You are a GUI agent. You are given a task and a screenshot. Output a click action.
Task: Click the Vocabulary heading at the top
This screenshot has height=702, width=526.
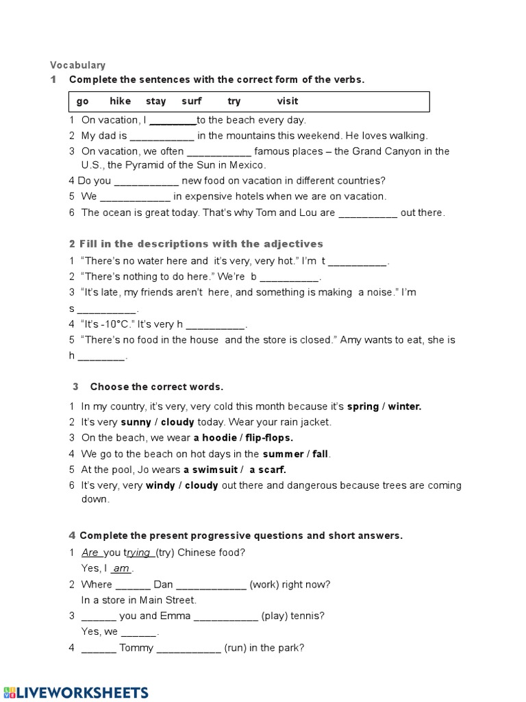(x=77, y=65)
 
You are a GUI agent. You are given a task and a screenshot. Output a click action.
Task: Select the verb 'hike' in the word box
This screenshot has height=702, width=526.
(x=120, y=101)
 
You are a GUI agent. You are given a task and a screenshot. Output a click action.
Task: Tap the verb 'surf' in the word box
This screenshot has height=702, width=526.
(x=192, y=101)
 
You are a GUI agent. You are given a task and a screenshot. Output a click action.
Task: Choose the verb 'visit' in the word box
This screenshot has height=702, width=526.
(x=287, y=101)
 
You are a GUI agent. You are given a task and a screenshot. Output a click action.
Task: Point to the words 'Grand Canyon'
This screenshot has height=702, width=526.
(x=386, y=152)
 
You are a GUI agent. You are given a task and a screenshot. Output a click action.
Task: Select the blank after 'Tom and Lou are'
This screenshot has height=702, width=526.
(x=368, y=214)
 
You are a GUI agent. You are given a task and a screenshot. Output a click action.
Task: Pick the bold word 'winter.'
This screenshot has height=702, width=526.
(x=405, y=407)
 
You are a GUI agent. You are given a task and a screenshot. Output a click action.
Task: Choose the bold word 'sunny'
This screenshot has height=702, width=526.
(x=136, y=422)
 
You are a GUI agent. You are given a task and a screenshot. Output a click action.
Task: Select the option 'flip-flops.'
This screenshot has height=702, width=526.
(x=268, y=438)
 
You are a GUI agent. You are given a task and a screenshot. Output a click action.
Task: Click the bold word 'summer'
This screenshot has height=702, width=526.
(x=283, y=454)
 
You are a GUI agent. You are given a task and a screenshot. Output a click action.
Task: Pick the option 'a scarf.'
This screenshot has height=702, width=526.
(x=268, y=470)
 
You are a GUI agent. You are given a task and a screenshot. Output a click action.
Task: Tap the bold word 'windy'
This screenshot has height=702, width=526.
(x=161, y=485)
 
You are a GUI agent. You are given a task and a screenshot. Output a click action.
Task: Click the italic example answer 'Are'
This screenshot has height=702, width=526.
(x=90, y=553)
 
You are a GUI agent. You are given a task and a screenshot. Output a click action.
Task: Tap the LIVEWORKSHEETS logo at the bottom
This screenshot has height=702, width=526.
(x=75, y=692)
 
